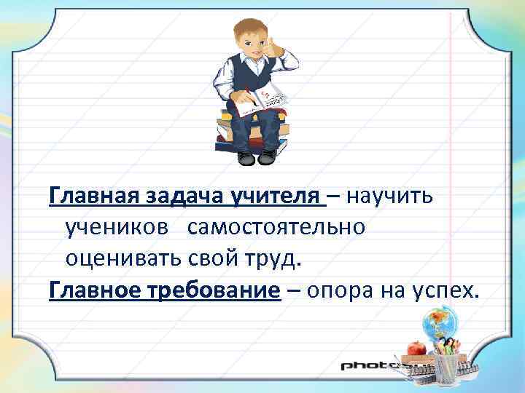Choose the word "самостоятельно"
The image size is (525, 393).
coord(276,229)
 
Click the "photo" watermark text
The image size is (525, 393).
coord(368,364)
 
